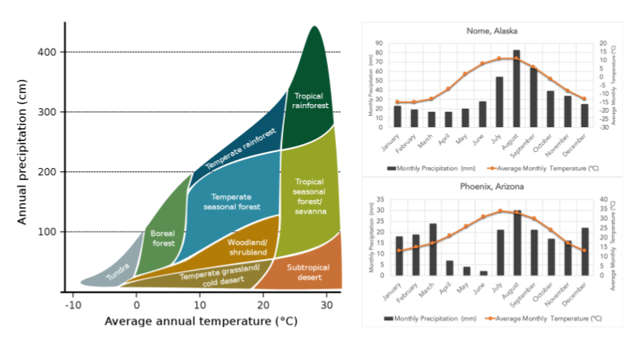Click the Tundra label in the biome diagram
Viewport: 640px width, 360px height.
(x=118, y=273)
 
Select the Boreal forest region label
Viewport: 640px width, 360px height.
(x=162, y=238)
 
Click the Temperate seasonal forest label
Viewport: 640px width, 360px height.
(x=236, y=202)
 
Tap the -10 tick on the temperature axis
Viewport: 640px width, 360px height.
(x=72, y=304)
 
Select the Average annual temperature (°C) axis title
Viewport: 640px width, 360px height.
(x=200, y=322)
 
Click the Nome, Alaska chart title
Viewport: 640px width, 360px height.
(x=492, y=31)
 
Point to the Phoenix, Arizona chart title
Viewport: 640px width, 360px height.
(x=492, y=186)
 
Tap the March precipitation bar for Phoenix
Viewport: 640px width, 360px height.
(x=433, y=250)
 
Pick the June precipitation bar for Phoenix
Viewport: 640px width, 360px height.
(x=483, y=273)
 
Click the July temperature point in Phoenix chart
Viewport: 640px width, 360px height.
(x=500, y=211)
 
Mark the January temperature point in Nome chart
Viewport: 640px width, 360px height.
(x=398, y=102)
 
